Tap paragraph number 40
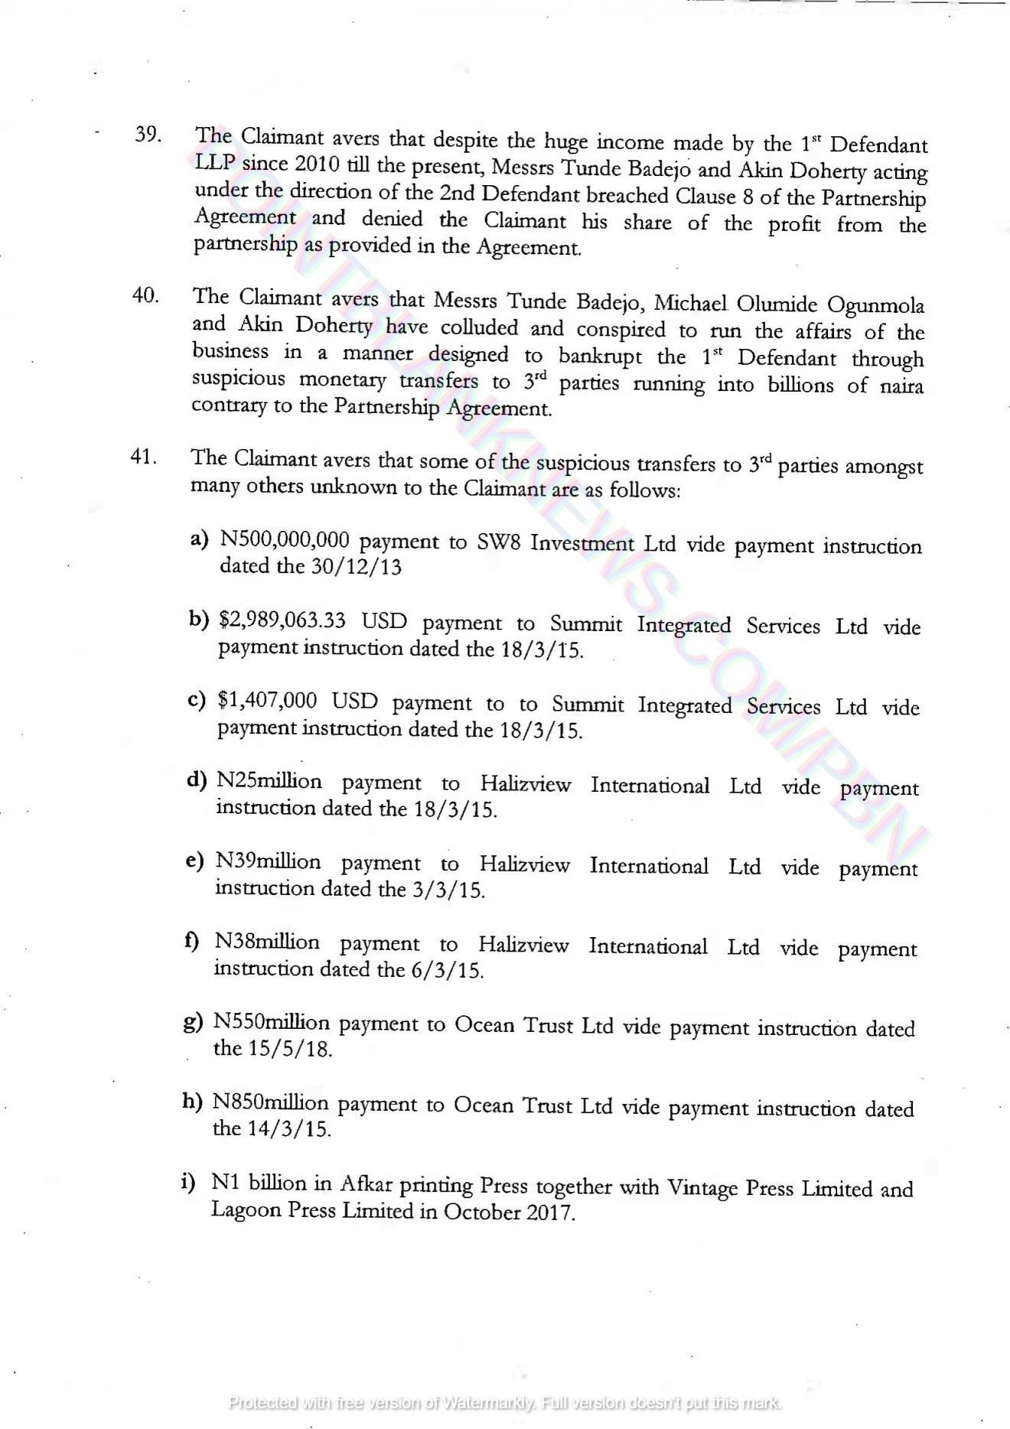tap(145, 295)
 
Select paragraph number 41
tap(144, 457)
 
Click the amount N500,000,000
tap(285, 540)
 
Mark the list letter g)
tap(194, 1022)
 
